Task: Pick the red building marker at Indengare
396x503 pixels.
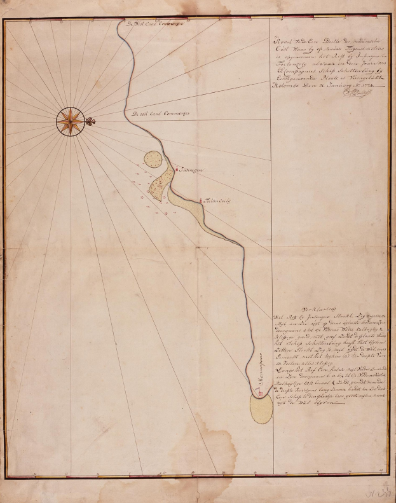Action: click(x=176, y=169)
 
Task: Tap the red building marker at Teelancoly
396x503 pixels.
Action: click(x=201, y=202)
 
